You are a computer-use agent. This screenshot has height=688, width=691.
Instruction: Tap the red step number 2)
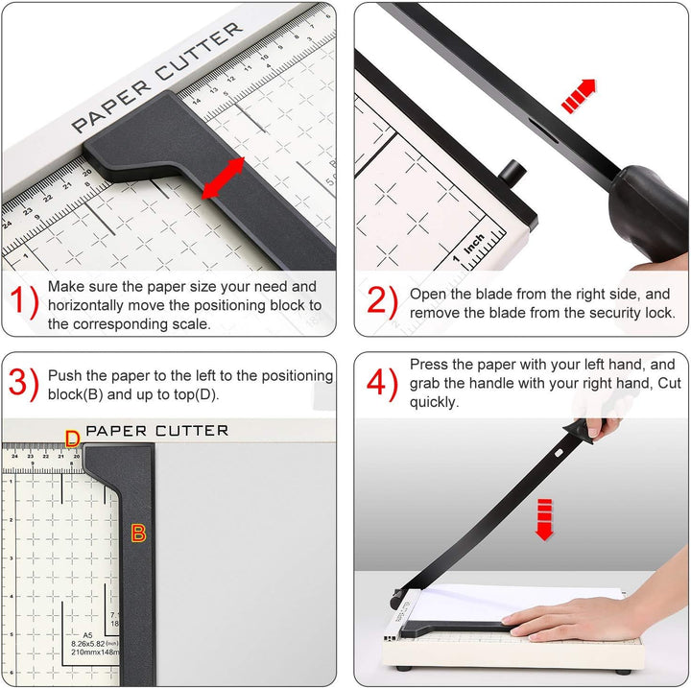coord(381,303)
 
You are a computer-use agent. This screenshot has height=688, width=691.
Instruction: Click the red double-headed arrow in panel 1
coord(223,178)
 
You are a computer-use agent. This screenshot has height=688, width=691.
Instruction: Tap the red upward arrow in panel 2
coord(577,96)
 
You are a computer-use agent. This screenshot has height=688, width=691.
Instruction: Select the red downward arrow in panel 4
coord(544,519)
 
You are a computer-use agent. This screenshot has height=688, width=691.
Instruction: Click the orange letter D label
coord(72,439)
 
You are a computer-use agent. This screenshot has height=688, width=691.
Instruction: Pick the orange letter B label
coord(138,534)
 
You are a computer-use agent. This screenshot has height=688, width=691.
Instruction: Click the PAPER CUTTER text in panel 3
coord(157,431)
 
